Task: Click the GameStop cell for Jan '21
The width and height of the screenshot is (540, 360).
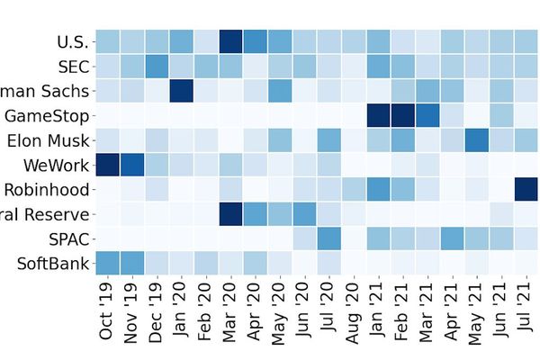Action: (x=378, y=115)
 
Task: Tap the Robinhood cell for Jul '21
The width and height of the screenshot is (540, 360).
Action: (x=526, y=190)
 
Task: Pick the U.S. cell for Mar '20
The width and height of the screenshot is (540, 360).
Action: (x=230, y=41)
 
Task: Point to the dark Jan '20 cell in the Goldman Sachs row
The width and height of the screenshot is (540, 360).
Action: (x=181, y=91)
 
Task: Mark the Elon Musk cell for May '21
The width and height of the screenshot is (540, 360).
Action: (x=476, y=140)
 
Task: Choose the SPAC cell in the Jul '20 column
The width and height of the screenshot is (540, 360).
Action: (x=328, y=239)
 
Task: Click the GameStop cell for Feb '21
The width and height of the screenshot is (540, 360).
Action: (x=402, y=115)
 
